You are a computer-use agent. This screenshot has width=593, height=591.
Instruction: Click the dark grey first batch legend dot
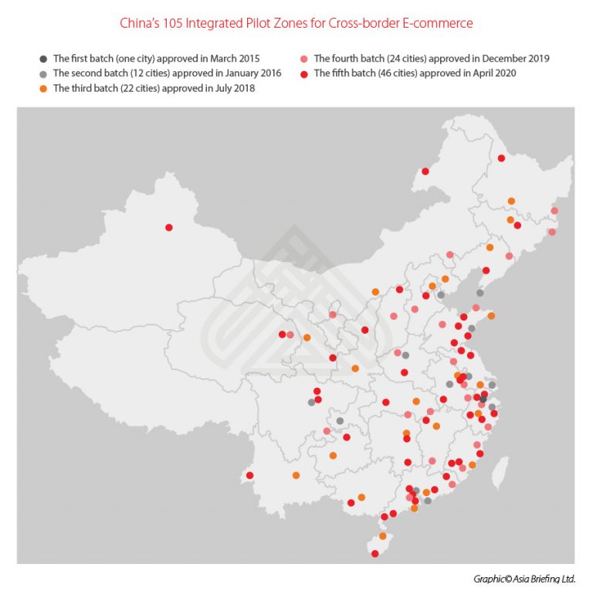coord(43,59)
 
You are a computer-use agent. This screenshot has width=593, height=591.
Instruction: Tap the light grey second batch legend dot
coord(43,73)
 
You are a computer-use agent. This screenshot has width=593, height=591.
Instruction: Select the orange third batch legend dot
coord(43,88)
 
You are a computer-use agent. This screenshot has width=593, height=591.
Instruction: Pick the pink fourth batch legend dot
coord(304,59)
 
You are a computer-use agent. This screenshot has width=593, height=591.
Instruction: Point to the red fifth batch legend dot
coord(304,73)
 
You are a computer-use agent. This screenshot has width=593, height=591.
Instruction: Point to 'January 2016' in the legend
coord(251,73)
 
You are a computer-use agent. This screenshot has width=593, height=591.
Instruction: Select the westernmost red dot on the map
coord(169,227)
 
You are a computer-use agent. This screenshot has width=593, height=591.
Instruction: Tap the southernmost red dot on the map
coord(375,553)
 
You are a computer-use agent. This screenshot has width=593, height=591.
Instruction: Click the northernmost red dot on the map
coord(501,158)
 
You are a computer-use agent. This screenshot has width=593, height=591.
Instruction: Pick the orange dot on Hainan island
coord(383,536)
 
